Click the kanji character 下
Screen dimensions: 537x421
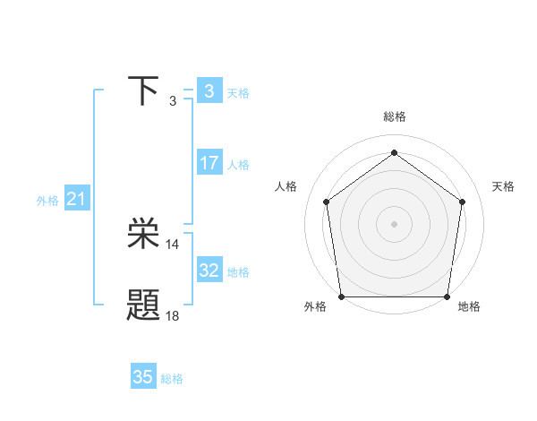tap(144, 91)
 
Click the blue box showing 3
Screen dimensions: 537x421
tap(209, 91)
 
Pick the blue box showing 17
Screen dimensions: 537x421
tap(209, 163)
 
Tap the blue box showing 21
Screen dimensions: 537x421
tap(76, 200)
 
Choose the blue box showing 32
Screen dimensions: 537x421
tap(209, 271)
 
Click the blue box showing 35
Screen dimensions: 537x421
tap(143, 377)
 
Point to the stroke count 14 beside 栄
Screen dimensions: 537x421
tap(173, 245)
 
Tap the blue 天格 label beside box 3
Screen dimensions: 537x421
tap(238, 92)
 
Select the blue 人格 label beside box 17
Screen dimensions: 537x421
tap(238, 165)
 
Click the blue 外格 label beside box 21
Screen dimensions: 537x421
tap(47, 201)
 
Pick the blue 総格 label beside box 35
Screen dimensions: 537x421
tap(172, 379)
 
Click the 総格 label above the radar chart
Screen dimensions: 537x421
tap(395, 117)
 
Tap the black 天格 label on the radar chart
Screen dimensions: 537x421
tap(503, 186)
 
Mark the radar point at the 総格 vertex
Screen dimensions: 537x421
tap(395, 152)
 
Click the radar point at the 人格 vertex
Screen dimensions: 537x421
tap(326, 202)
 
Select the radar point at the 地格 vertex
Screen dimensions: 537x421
tap(447, 296)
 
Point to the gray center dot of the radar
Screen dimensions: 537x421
tap(395, 223)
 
